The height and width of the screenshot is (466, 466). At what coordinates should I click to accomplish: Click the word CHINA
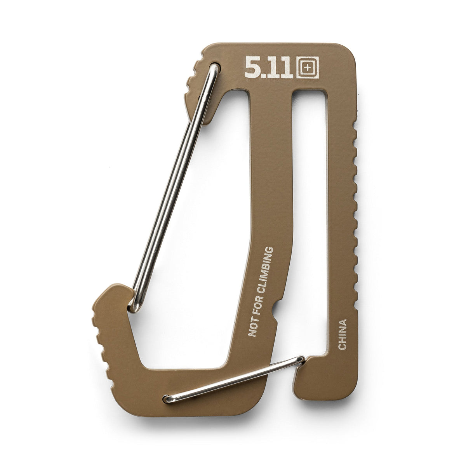coord(342,334)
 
